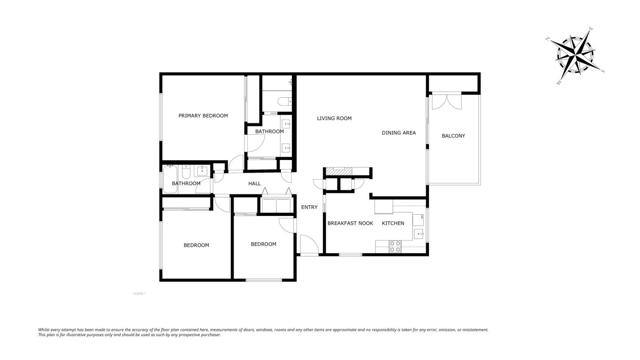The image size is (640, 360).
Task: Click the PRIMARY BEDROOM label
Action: (x=203, y=116)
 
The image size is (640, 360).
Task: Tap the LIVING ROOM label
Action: (x=334, y=119)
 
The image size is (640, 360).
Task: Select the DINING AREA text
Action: (x=398, y=133)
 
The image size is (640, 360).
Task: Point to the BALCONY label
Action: (x=453, y=136)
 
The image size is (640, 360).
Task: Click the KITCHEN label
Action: (x=393, y=223)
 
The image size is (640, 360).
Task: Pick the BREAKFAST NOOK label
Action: (x=350, y=223)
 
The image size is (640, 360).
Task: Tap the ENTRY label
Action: (x=309, y=207)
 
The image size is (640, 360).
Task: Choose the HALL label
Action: (x=254, y=183)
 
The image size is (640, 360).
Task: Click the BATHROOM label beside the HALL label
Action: (x=186, y=183)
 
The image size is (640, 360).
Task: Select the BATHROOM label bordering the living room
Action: (x=269, y=131)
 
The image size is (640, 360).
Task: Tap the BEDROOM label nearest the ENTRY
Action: (x=263, y=244)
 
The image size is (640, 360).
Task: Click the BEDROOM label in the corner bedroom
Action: (x=196, y=245)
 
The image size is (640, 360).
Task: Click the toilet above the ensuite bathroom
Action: (x=284, y=102)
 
